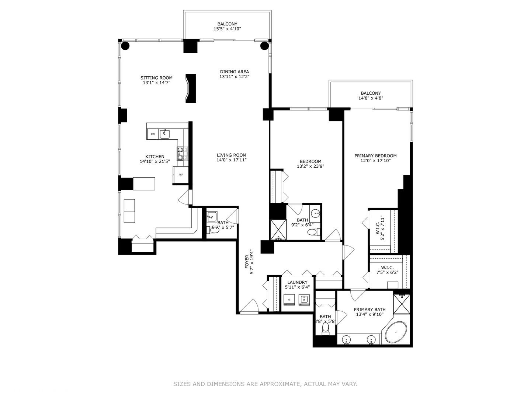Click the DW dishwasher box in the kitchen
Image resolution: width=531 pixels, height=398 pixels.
coord(153,134)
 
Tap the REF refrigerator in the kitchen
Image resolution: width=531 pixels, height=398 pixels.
coord(181,175)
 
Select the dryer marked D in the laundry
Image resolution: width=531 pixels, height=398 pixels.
coord(289,300)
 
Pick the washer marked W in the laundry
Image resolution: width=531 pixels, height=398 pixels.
coord(304,300)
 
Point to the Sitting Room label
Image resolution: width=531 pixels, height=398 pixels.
coord(156,78)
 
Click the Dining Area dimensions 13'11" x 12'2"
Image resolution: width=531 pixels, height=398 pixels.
coord(234,77)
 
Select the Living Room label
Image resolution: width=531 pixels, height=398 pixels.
coord(231,155)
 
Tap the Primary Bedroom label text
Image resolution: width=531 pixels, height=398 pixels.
coord(375,156)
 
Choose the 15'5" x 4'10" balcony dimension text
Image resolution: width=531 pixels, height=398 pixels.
coord(227,29)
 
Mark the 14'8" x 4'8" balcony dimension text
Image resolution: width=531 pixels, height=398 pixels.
coord(371,98)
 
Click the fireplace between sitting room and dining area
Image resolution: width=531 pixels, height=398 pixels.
coord(190,88)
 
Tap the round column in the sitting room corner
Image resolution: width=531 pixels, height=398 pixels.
coord(125,46)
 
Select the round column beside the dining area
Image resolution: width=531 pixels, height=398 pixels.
coord(264,46)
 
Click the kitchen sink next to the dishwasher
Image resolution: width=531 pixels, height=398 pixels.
coord(164,134)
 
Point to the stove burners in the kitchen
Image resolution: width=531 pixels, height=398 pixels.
coord(182,153)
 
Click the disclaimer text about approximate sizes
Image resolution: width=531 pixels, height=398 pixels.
coord(265,384)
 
